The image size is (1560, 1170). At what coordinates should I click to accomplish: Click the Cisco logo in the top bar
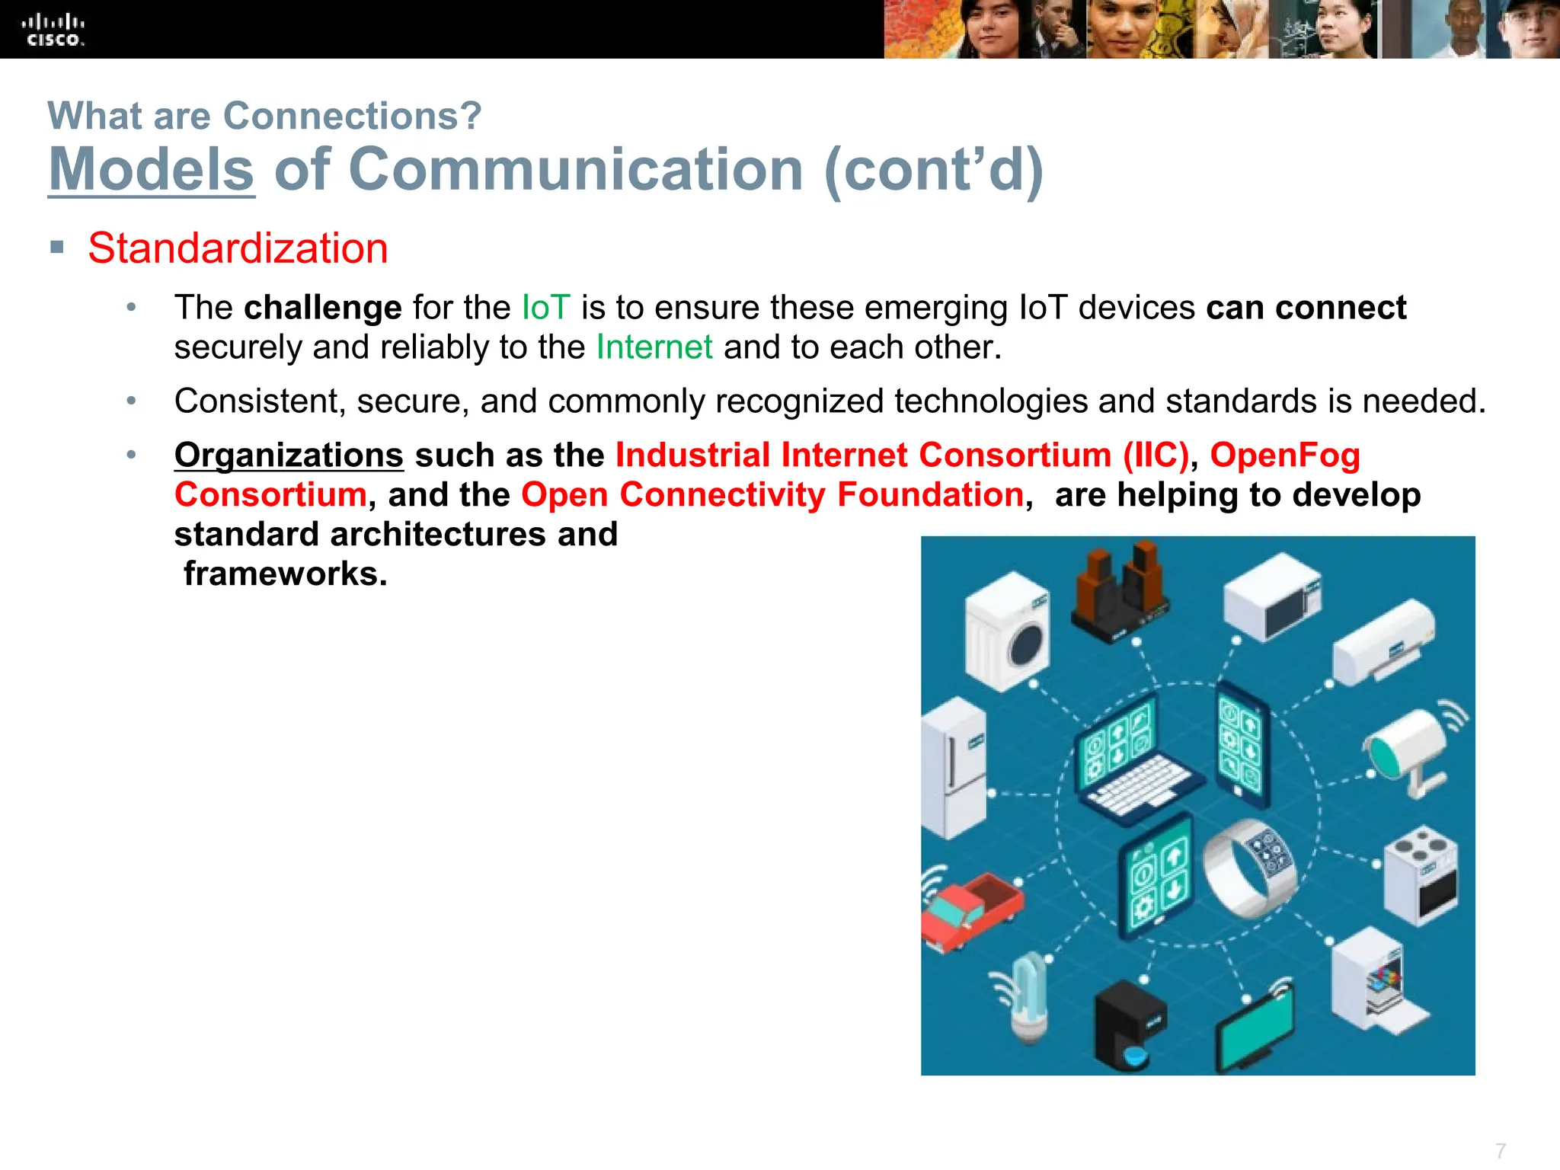click(53, 30)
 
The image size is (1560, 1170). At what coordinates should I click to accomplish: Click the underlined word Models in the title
click(151, 169)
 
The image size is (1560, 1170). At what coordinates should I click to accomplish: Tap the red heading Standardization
click(238, 248)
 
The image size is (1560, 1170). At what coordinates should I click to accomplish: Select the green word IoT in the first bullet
click(545, 308)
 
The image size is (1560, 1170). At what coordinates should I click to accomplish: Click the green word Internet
click(654, 347)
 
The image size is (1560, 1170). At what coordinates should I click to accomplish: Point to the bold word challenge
click(322, 308)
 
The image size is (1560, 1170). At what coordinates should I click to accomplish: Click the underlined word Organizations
click(289, 456)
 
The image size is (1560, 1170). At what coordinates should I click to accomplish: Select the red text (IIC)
click(1156, 456)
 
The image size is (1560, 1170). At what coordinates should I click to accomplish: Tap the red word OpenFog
click(1285, 456)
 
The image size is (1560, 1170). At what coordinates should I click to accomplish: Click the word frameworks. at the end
click(286, 574)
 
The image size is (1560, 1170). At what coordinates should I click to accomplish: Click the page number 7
click(1500, 1150)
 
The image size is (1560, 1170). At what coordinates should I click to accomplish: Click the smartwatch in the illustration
click(1249, 868)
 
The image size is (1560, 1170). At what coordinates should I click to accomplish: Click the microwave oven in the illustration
click(1272, 598)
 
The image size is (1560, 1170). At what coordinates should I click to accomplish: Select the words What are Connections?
click(264, 116)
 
